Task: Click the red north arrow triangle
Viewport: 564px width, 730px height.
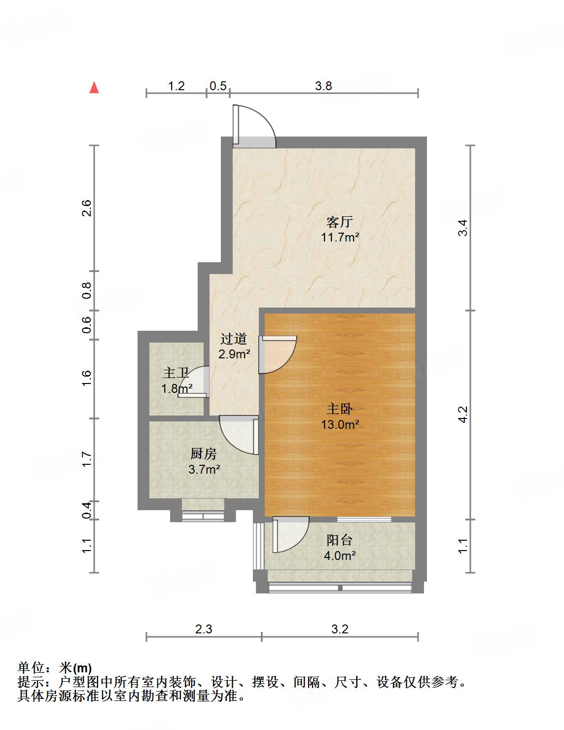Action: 94,88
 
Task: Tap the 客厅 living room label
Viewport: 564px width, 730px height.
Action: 340,221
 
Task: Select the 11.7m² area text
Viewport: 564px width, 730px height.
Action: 340,237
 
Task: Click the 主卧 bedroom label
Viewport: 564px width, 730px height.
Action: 340,409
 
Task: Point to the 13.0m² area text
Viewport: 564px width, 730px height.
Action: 340,424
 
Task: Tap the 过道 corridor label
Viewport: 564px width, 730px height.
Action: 234,339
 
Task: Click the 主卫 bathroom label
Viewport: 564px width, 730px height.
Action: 176,373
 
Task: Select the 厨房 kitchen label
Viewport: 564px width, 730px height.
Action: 204,453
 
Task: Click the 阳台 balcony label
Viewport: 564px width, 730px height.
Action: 340,540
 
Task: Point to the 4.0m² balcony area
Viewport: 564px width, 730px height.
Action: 340,556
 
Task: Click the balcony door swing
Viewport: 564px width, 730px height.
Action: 291,534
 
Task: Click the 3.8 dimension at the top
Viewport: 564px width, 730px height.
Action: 323,86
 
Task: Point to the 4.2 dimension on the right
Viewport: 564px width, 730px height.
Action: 462,414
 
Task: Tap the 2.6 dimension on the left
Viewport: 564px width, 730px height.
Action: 87,208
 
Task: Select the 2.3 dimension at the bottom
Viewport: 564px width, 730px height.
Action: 204,629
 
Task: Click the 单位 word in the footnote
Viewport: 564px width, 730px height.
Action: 32,668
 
